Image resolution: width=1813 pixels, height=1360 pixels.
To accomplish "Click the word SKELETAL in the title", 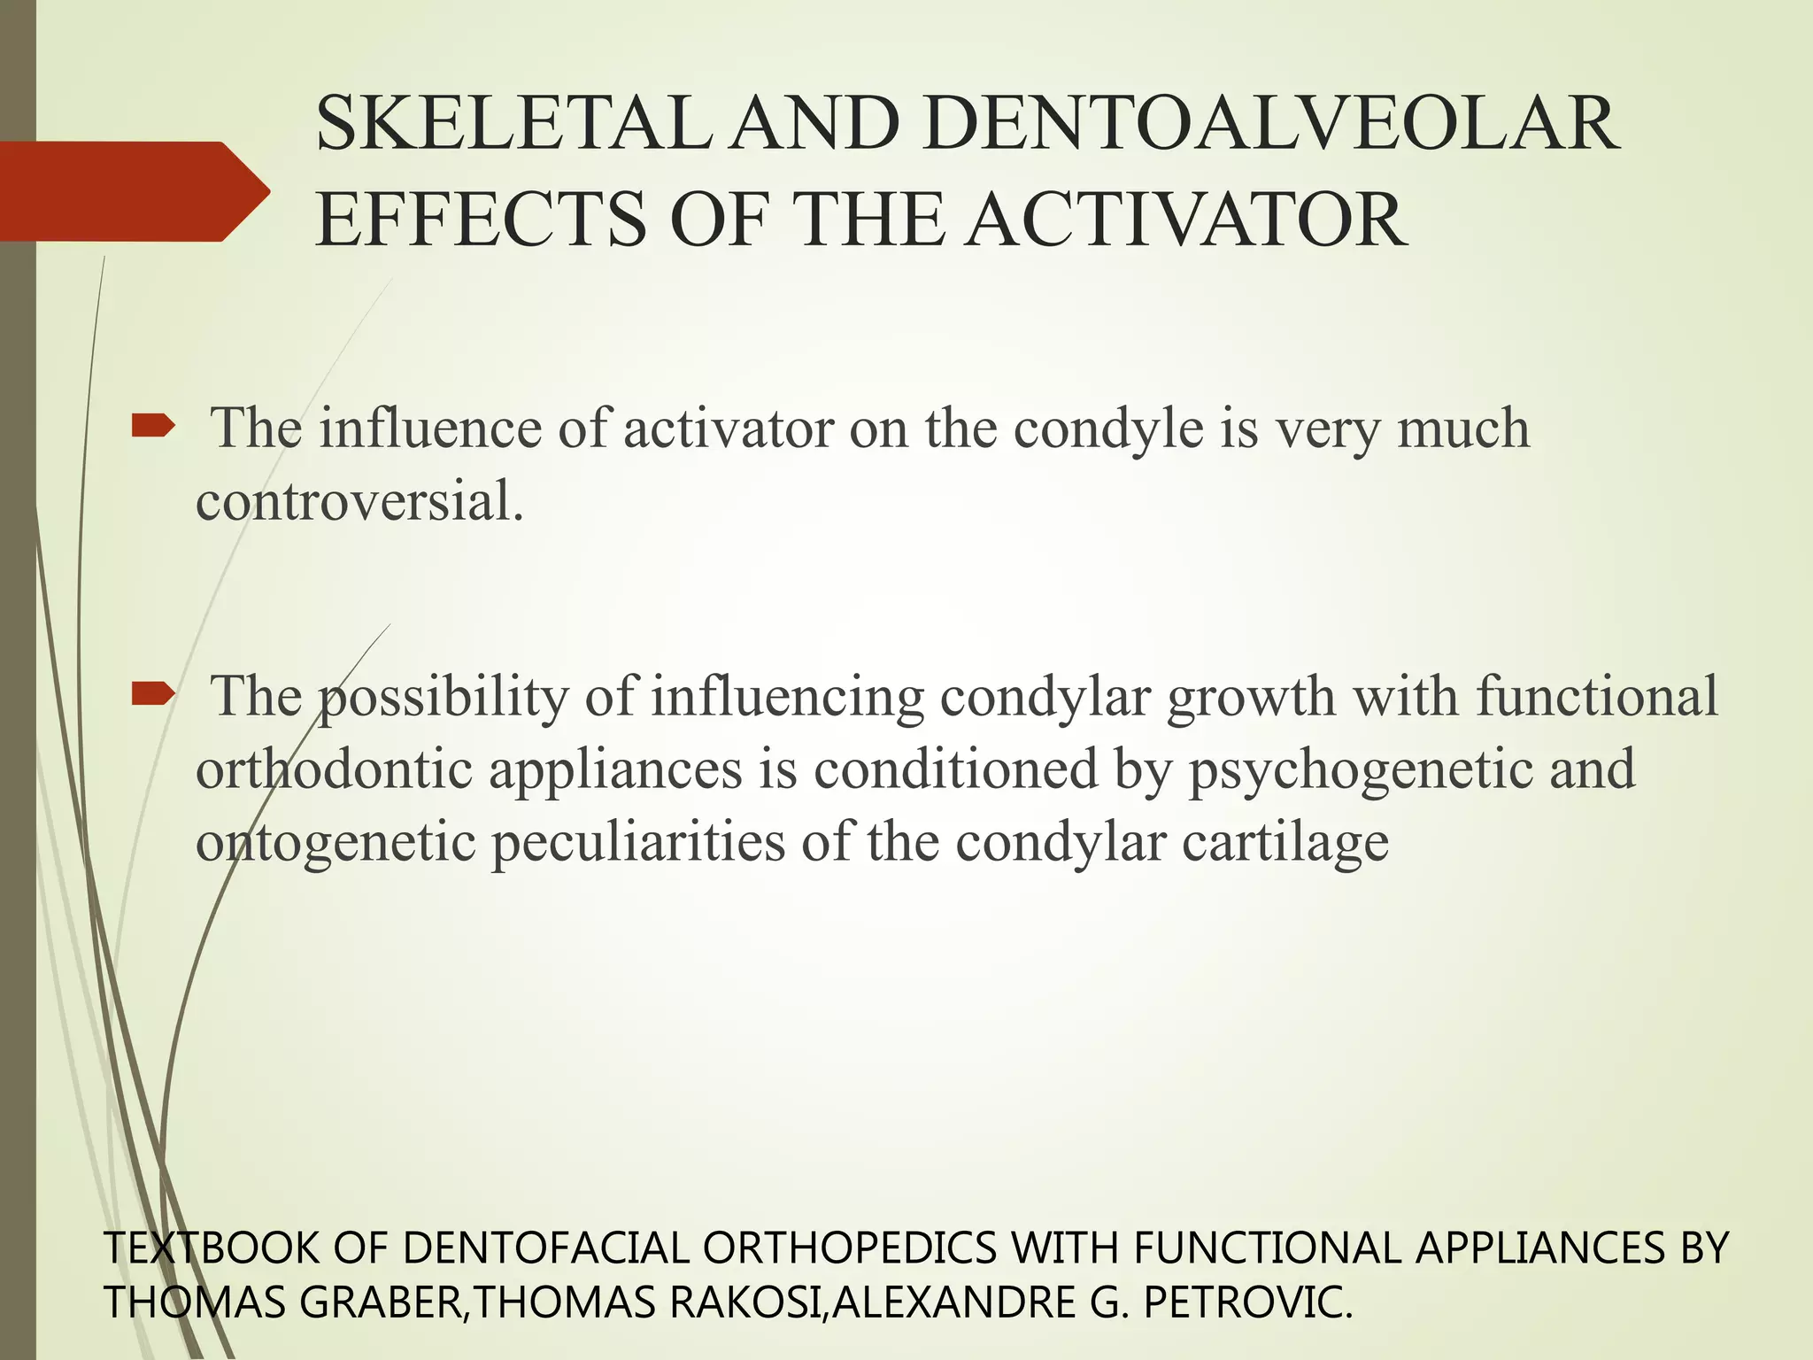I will click(x=512, y=126).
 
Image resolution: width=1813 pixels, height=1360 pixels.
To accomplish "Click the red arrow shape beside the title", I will click(x=133, y=191).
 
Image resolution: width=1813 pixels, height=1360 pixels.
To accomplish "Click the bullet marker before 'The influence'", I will click(x=153, y=429).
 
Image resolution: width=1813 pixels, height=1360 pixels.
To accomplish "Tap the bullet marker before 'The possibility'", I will click(x=153, y=696).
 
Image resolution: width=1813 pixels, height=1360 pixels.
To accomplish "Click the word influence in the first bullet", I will click(x=430, y=429).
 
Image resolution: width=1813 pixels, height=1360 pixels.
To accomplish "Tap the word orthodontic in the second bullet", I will click(x=335, y=769).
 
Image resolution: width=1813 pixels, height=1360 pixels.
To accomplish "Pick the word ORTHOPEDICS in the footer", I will click(x=850, y=1248).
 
